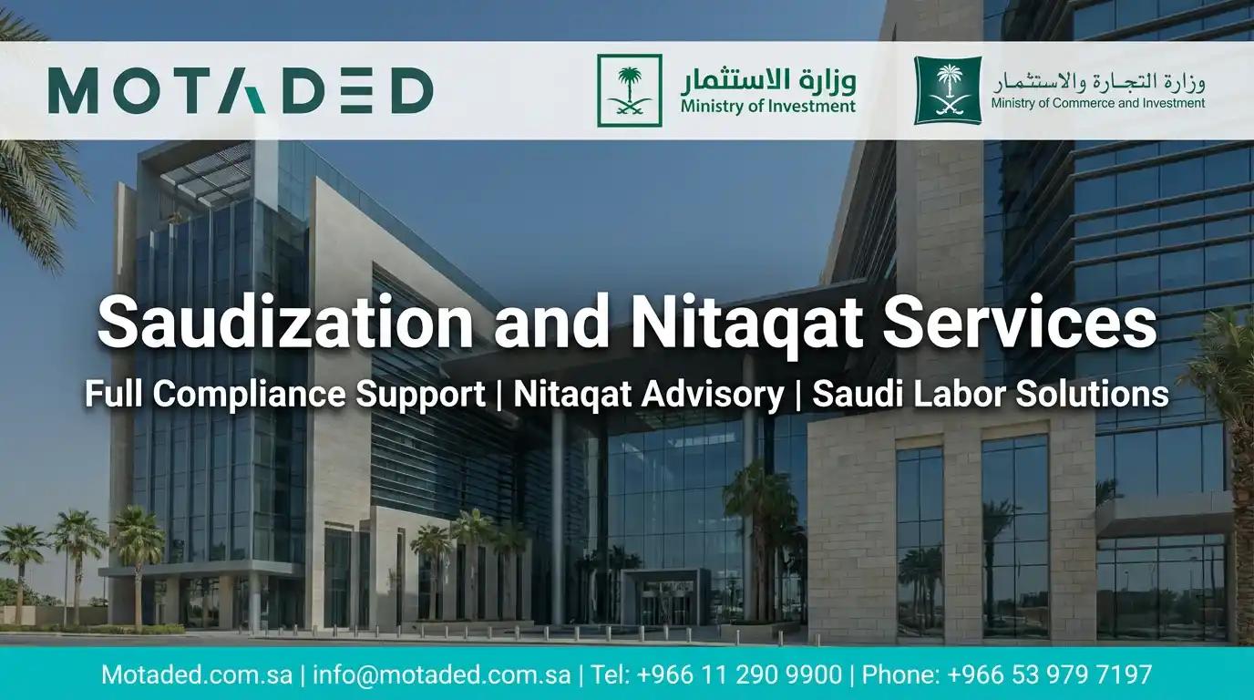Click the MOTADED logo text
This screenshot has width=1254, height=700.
240,91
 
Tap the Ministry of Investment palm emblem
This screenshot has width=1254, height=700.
629,90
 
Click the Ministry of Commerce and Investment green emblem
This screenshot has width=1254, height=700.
948,90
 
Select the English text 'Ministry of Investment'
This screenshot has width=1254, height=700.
767,107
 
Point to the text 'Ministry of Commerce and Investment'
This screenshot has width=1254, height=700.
1097,104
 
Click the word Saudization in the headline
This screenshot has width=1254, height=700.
284,324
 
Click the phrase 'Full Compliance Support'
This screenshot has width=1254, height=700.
284,395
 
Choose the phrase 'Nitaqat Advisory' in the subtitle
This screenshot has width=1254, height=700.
648,395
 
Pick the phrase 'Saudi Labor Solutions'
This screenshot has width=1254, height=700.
990,395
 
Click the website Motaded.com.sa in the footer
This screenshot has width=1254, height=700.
197,675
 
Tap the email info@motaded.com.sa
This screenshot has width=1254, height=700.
442,675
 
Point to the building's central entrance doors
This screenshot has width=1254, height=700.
663,603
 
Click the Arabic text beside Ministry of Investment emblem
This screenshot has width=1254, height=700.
767,80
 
